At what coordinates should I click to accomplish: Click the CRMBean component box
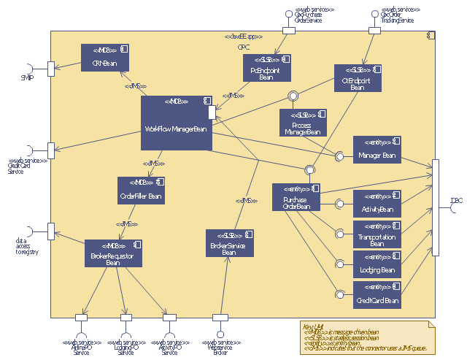pyautogui.click(x=105, y=58)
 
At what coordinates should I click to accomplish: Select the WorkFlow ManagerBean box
pyautogui.click(x=176, y=123)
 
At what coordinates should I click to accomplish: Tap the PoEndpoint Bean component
pyautogui.click(x=266, y=68)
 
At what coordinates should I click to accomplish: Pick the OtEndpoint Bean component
pyautogui.click(x=357, y=78)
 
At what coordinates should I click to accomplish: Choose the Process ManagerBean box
pyautogui.click(x=303, y=123)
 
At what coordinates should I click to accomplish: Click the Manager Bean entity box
pyautogui.click(x=377, y=150)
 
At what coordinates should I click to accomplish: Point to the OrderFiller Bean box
pyautogui.click(x=141, y=190)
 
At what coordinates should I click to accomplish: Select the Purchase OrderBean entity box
pyautogui.click(x=296, y=197)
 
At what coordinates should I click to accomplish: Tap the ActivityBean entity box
pyautogui.click(x=377, y=204)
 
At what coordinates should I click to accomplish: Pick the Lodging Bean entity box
pyautogui.click(x=377, y=264)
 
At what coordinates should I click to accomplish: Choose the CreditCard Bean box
pyautogui.click(x=377, y=294)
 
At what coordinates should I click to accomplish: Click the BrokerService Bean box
pyautogui.click(x=229, y=243)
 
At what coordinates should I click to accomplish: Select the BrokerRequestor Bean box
pyautogui.click(x=112, y=253)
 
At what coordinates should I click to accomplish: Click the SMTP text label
pyautogui.click(x=27, y=77)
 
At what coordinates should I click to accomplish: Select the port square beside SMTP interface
pyautogui.click(x=51, y=68)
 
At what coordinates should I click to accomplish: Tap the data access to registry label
pyautogui.click(x=26, y=246)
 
